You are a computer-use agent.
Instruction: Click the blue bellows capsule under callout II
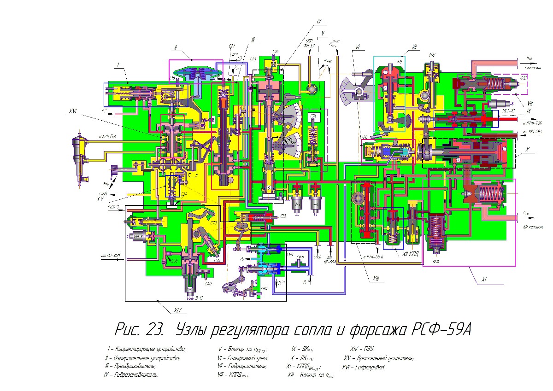pos(198,74)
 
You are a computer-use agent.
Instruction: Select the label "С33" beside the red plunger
pos(283,215)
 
